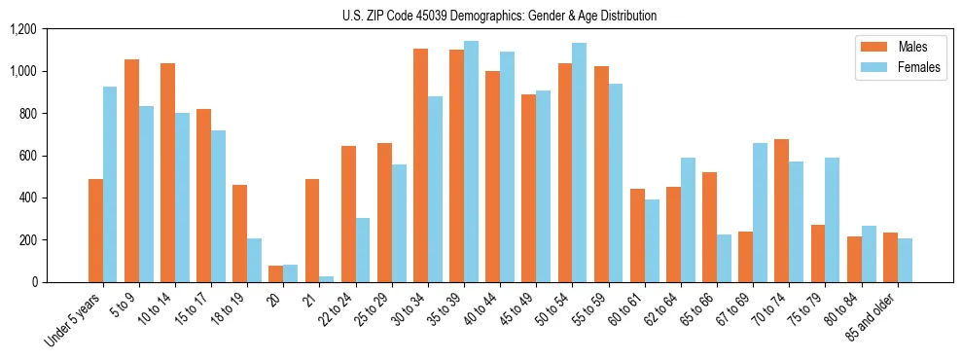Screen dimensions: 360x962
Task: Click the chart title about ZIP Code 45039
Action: click(499, 16)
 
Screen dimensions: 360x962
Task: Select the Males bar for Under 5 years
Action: click(95, 231)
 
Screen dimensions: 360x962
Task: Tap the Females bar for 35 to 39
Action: click(471, 162)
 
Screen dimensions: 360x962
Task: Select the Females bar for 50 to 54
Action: click(580, 162)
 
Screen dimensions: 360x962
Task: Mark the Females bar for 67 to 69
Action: click(761, 212)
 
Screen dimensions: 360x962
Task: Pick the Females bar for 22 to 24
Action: click(363, 250)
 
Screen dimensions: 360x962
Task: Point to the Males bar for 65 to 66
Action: click(710, 227)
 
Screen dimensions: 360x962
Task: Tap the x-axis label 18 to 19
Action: click(225, 309)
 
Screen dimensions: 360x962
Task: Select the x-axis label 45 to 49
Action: click(515, 309)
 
